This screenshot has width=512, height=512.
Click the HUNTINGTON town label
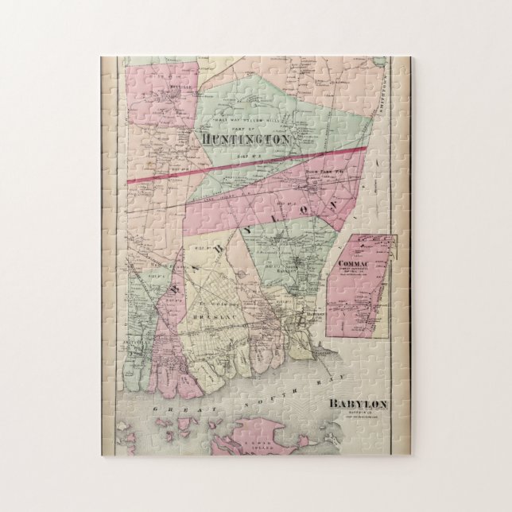244,138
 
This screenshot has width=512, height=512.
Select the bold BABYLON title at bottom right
358,404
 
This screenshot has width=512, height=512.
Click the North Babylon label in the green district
298,271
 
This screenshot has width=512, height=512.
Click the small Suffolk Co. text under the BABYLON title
358,413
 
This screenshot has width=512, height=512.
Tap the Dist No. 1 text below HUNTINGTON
244,149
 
